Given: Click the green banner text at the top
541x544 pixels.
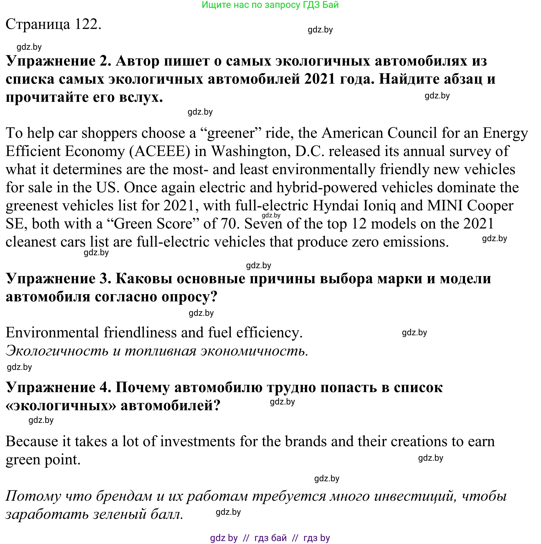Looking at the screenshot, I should tap(270, 5).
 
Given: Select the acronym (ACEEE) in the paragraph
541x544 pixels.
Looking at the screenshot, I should tap(160, 151).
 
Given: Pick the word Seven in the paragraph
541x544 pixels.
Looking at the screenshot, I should tap(263, 224).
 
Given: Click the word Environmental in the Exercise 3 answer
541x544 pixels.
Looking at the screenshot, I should tap(52, 333).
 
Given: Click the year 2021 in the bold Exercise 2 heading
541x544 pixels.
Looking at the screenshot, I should tap(320, 79).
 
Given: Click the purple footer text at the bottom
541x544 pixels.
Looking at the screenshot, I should tap(270, 538).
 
